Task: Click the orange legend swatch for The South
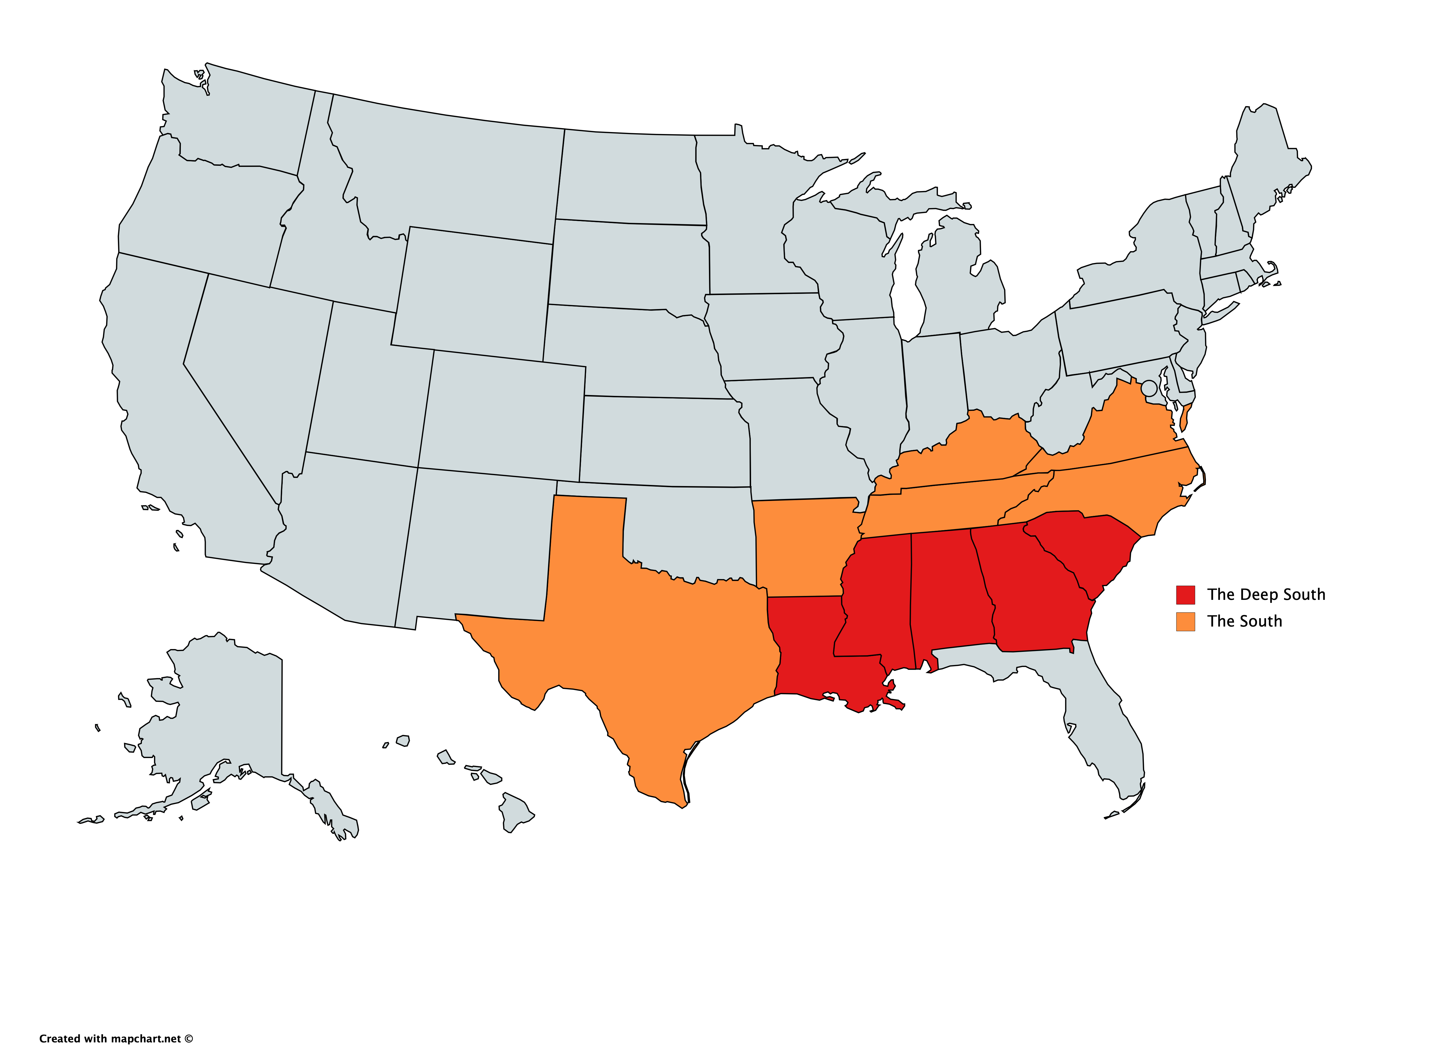(1185, 621)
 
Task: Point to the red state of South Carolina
(1089, 545)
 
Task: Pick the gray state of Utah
(365, 385)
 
